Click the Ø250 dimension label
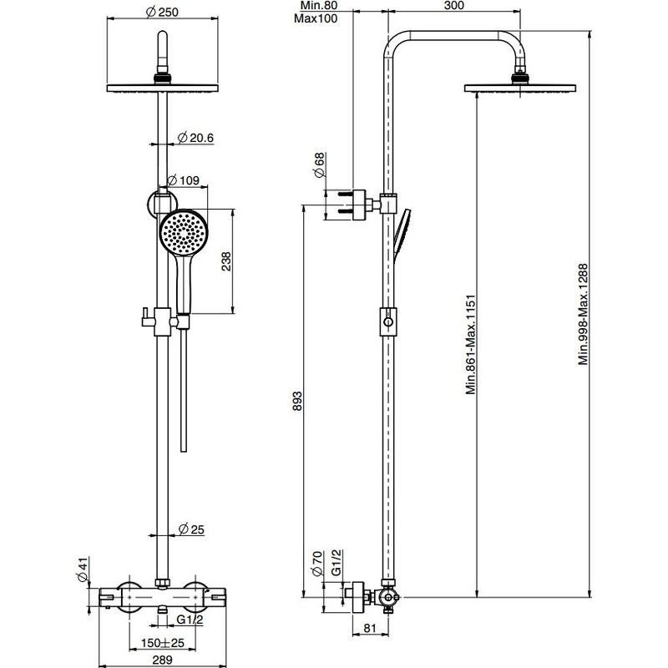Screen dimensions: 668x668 [x=162, y=12]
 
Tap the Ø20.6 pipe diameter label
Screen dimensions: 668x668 [x=195, y=138]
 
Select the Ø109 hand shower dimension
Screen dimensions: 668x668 [x=183, y=180]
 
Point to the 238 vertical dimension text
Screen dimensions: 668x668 [x=226, y=261]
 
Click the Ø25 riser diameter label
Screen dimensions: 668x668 [x=191, y=529]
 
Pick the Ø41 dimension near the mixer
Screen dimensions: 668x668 [x=82, y=569]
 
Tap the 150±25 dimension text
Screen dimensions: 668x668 [x=162, y=642]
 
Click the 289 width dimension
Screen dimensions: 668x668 [x=162, y=660]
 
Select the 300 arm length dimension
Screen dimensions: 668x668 [x=454, y=6]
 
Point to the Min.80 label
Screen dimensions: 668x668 [x=319, y=6]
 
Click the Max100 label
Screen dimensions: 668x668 [x=316, y=18]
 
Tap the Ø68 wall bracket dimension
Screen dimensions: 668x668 [x=319, y=164]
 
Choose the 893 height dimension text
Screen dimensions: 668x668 [x=297, y=401]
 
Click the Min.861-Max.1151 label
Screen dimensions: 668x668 [x=470, y=345]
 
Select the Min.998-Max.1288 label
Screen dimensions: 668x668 [x=583, y=315]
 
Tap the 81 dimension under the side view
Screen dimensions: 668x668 [x=370, y=628]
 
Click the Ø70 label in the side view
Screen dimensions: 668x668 [x=317, y=564]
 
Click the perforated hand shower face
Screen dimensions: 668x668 [x=184, y=232]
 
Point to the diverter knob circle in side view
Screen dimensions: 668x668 [x=388, y=322]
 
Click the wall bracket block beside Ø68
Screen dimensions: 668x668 [x=360, y=205]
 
